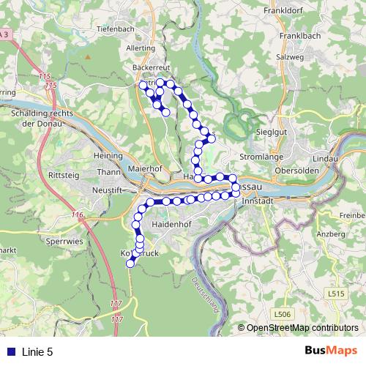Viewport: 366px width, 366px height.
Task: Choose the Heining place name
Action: click(108, 157)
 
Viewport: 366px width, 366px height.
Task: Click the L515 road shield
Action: click(337, 293)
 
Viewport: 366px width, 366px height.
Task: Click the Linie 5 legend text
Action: click(37, 351)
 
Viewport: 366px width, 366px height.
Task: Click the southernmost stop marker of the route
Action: click(131, 264)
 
